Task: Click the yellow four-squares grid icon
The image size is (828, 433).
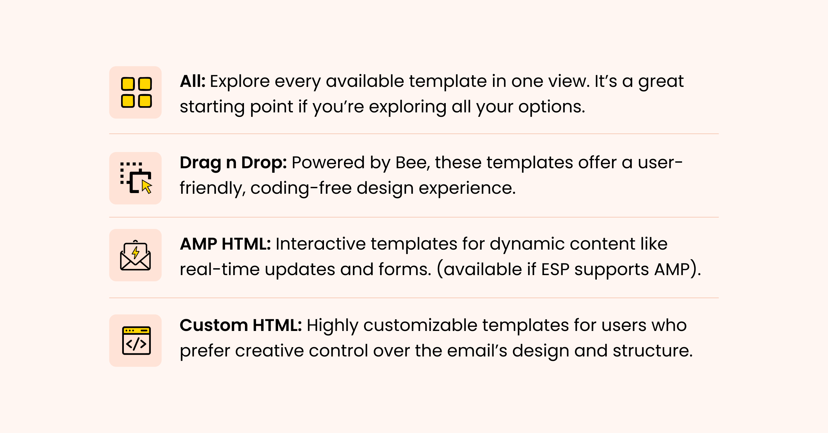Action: [136, 92]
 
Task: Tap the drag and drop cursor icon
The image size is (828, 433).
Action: [136, 178]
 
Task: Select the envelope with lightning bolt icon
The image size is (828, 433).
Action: [135, 255]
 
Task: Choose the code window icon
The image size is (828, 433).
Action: [136, 341]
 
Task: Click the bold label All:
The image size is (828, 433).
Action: [193, 81]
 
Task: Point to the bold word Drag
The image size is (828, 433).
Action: [200, 163]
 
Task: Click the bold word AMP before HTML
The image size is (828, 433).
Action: [198, 244]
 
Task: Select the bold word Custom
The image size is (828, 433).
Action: [214, 325]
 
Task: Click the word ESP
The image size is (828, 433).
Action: [555, 269]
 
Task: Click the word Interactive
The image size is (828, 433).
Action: [321, 244]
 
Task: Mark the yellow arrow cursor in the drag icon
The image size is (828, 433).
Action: [147, 187]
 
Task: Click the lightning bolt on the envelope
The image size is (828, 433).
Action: [136, 252]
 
